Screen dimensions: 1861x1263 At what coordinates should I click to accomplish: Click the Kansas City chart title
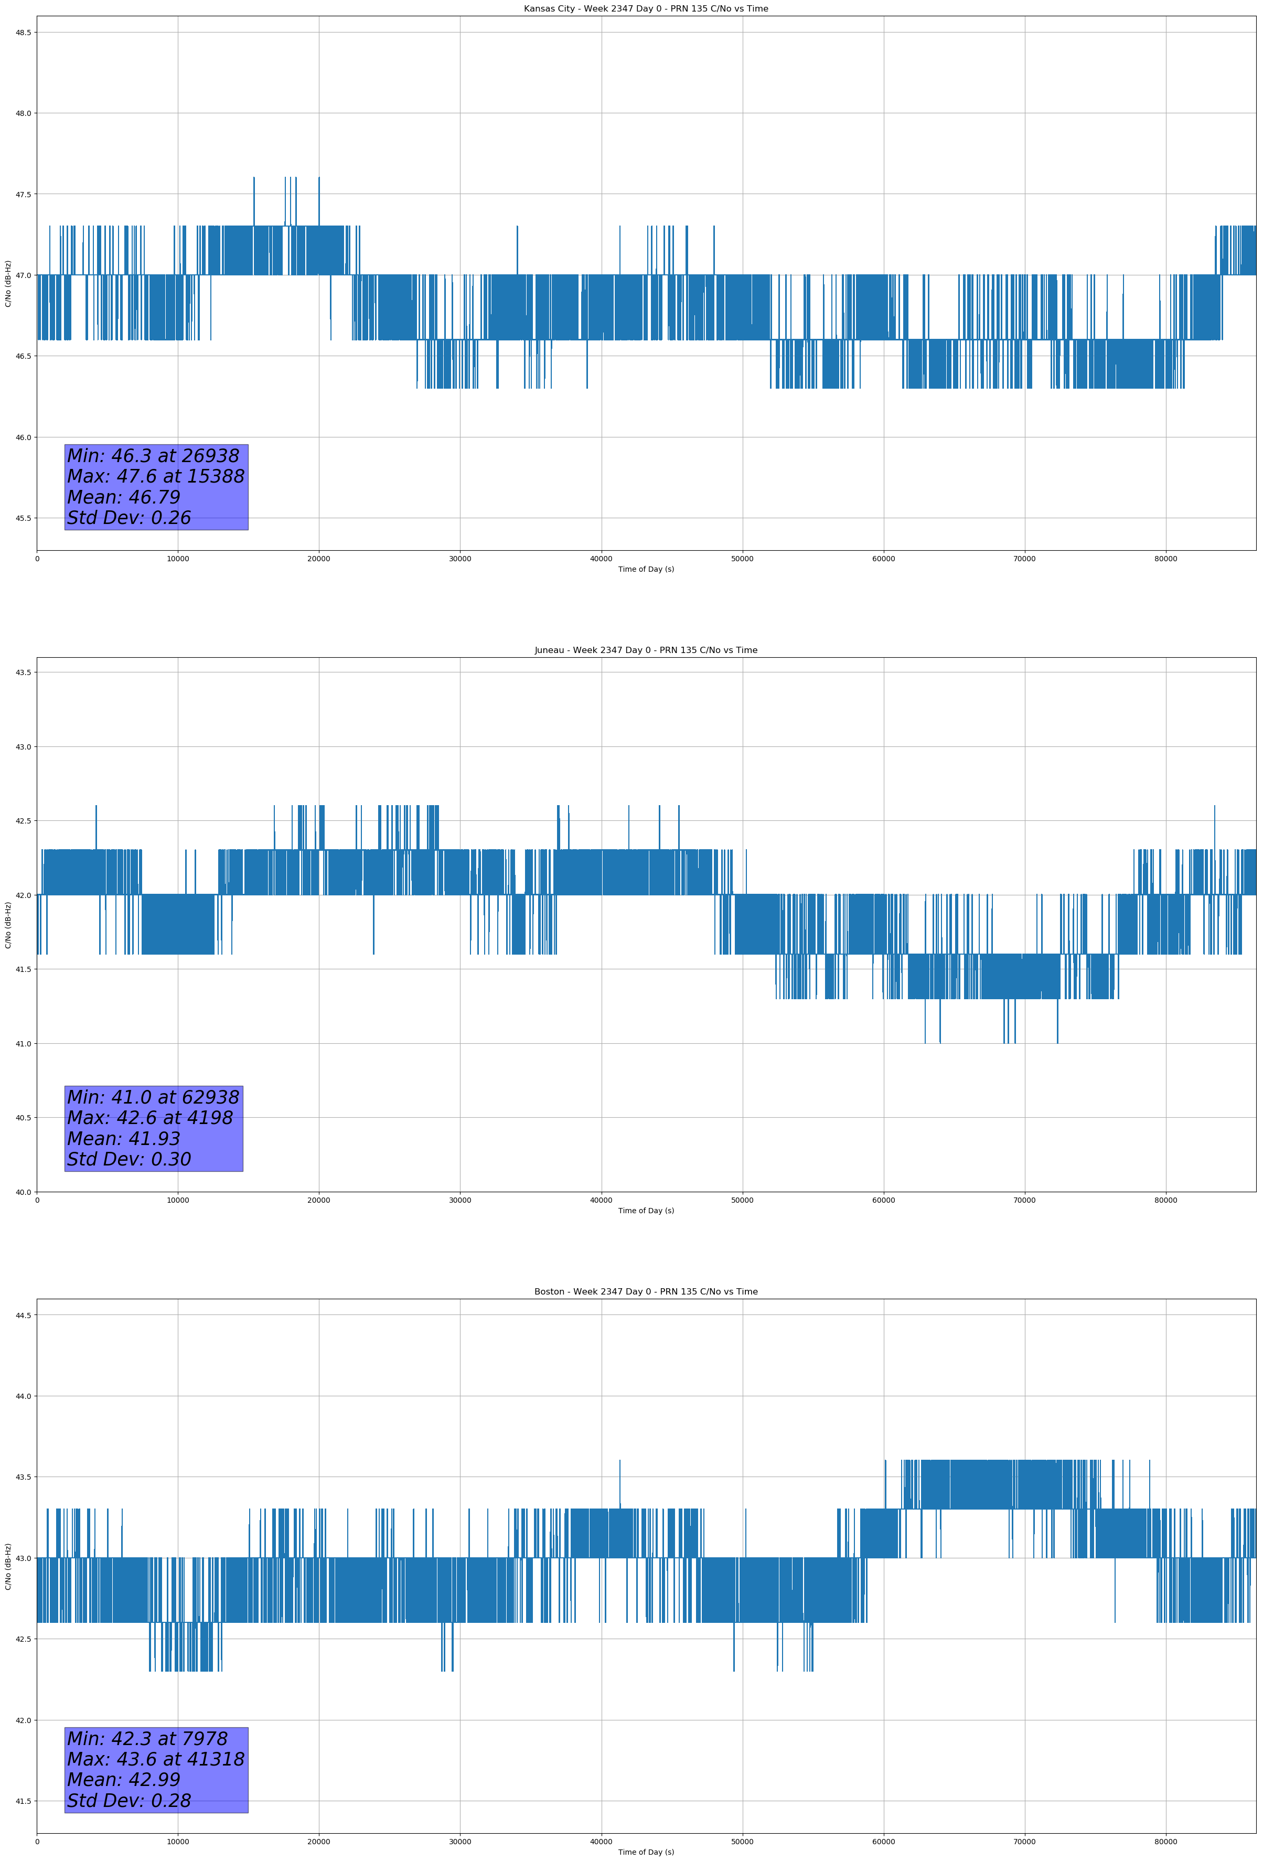[646, 9]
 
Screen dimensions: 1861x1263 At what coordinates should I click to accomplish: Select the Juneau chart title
[646, 650]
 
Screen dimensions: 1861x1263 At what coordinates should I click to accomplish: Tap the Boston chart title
[646, 1292]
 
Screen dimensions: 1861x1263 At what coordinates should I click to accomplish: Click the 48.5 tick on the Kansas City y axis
[23, 32]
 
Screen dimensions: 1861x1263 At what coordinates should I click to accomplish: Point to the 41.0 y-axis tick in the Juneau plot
[23, 1043]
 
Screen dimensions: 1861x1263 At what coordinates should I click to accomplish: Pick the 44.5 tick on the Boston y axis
[23, 1315]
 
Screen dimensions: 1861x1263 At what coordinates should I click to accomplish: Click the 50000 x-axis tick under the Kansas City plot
[742, 559]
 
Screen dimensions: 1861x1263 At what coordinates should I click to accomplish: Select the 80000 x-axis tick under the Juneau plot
[1165, 1200]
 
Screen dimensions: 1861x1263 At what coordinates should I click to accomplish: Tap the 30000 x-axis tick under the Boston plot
[459, 1842]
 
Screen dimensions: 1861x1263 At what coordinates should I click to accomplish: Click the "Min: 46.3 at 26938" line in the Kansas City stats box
[153, 456]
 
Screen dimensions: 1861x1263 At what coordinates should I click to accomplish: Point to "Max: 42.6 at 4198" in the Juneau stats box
[150, 1118]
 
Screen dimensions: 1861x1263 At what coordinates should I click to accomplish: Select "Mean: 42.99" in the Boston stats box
[123, 1779]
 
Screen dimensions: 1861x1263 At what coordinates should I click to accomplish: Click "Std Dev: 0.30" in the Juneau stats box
[129, 1160]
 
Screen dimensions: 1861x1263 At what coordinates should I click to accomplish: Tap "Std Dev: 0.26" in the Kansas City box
[129, 518]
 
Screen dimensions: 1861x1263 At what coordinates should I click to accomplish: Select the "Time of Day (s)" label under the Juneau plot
[646, 1211]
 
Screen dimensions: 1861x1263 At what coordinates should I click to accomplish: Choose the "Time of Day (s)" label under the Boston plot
[646, 1852]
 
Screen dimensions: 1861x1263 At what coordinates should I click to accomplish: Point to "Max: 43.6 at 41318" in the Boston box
[155, 1759]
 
